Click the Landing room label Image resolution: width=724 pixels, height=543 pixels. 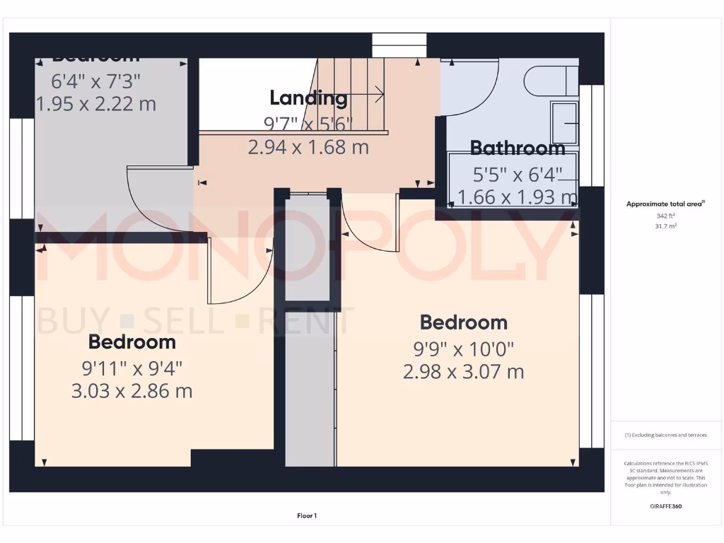(308, 98)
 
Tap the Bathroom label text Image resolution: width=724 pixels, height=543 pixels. (517, 148)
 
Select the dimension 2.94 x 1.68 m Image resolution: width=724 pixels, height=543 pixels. (308, 147)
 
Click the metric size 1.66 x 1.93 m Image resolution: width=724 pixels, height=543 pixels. (517, 197)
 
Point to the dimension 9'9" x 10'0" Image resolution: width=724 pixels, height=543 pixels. (463, 349)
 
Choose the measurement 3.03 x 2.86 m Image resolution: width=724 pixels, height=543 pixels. (132, 390)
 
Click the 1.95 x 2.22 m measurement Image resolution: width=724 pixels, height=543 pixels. (96, 104)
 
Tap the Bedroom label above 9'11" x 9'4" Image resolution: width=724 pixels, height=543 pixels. (132, 342)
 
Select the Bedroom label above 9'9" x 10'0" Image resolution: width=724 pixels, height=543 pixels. (463, 322)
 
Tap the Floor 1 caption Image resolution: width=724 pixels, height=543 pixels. (307, 516)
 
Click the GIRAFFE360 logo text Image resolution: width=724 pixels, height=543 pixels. (665, 506)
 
